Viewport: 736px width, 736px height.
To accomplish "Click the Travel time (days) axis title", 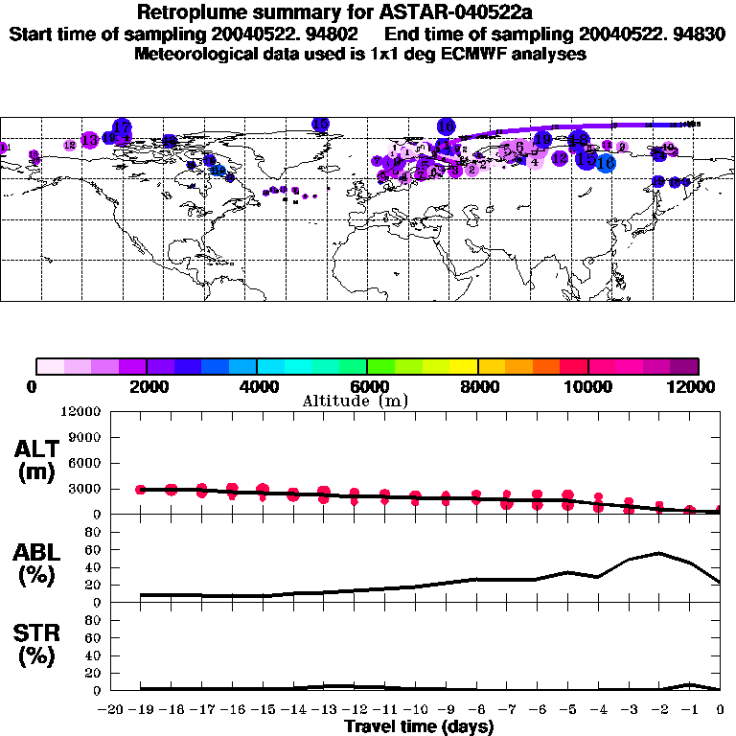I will point(419,726).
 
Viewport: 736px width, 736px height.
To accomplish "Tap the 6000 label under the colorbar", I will point(367,386).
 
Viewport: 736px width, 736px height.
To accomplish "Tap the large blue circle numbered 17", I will point(122,127).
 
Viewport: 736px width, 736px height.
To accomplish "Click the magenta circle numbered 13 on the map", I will point(89,140).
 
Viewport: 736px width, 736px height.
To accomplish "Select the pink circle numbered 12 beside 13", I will point(70,145).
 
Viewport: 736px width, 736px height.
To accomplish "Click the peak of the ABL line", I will point(658,552).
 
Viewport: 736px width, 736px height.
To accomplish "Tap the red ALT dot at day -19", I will point(142,489).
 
